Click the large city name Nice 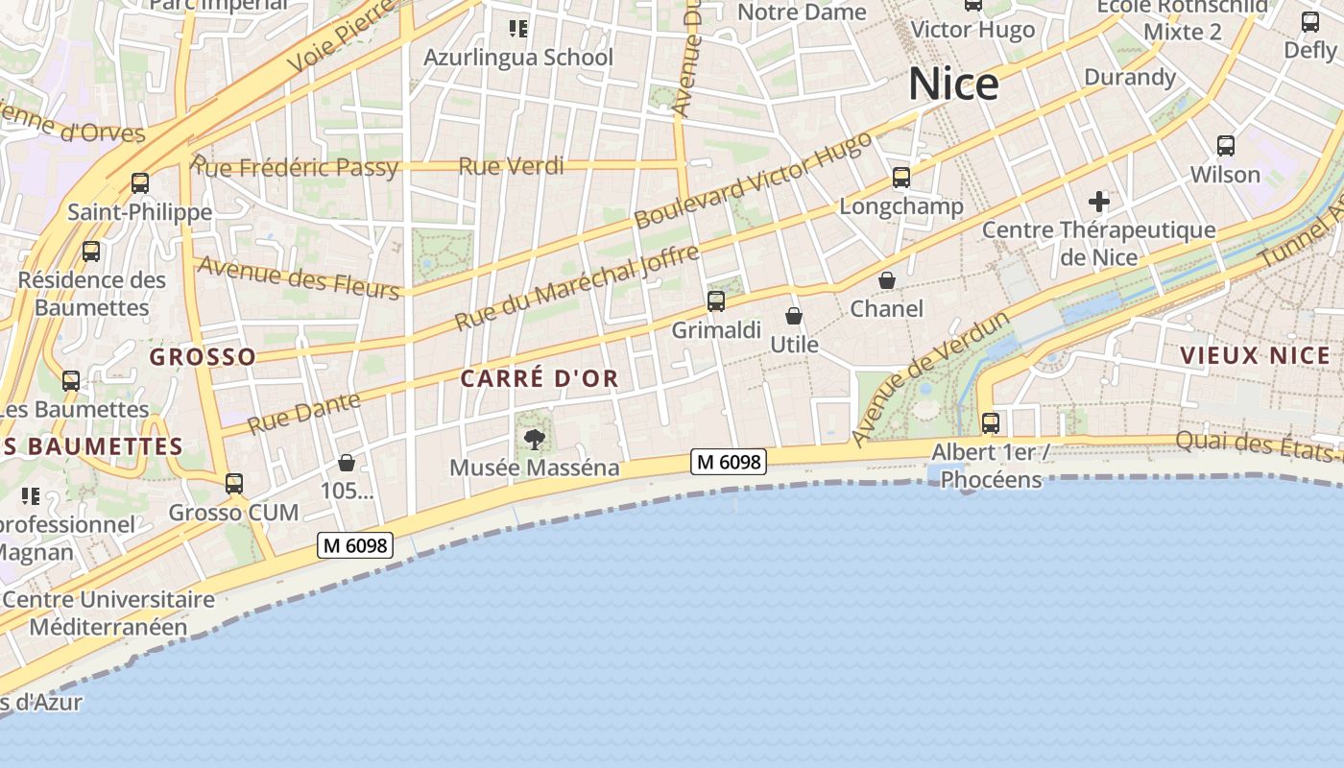coord(953,84)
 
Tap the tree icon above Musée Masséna coord(535,440)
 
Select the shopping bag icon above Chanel coord(887,280)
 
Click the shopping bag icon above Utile coord(794,316)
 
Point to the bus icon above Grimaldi coord(716,301)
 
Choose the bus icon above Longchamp coord(900,178)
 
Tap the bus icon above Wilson coord(1226,146)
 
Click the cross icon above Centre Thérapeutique coord(1099,203)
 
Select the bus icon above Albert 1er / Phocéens coord(991,422)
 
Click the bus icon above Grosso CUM coord(234,484)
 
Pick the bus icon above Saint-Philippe coord(140,183)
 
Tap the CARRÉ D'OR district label coord(540,379)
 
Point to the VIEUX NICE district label coord(1256,356)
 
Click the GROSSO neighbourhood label coord(204,358)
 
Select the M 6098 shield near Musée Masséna coord(729,463)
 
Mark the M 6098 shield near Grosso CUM coord(355,546)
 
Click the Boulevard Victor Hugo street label coord(754,180)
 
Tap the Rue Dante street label coord(304,413)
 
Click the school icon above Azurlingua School coord(518,29)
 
